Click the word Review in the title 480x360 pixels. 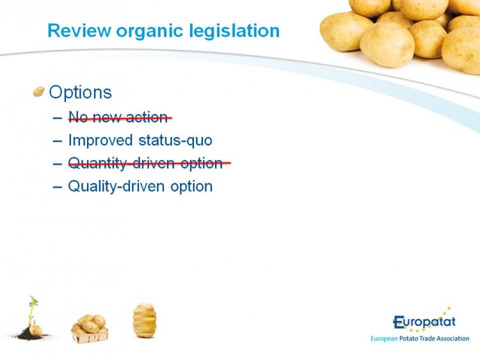click(x=79, y=31)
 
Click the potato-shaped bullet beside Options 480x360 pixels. click(x=38, y=92)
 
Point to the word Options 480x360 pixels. click(x=80, y=92)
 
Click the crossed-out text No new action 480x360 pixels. click(x=120, y=117)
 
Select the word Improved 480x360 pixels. click(x=100, y=141)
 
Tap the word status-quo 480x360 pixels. click(x=175, y=141)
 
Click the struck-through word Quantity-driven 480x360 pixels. click(x=121, y=163)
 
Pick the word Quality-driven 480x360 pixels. click(x=116, y=186)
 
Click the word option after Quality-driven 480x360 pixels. click(x=191, y=186)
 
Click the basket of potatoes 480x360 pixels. click(x=90, y=329)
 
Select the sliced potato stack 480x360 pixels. click(x=145, y=320)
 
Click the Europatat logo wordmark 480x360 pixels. click(x=424, y=322)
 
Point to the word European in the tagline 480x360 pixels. click(x=384, y=339)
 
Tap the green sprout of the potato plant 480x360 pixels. click(x=33, y=309)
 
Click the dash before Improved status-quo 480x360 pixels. click(x=57, y=141)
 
